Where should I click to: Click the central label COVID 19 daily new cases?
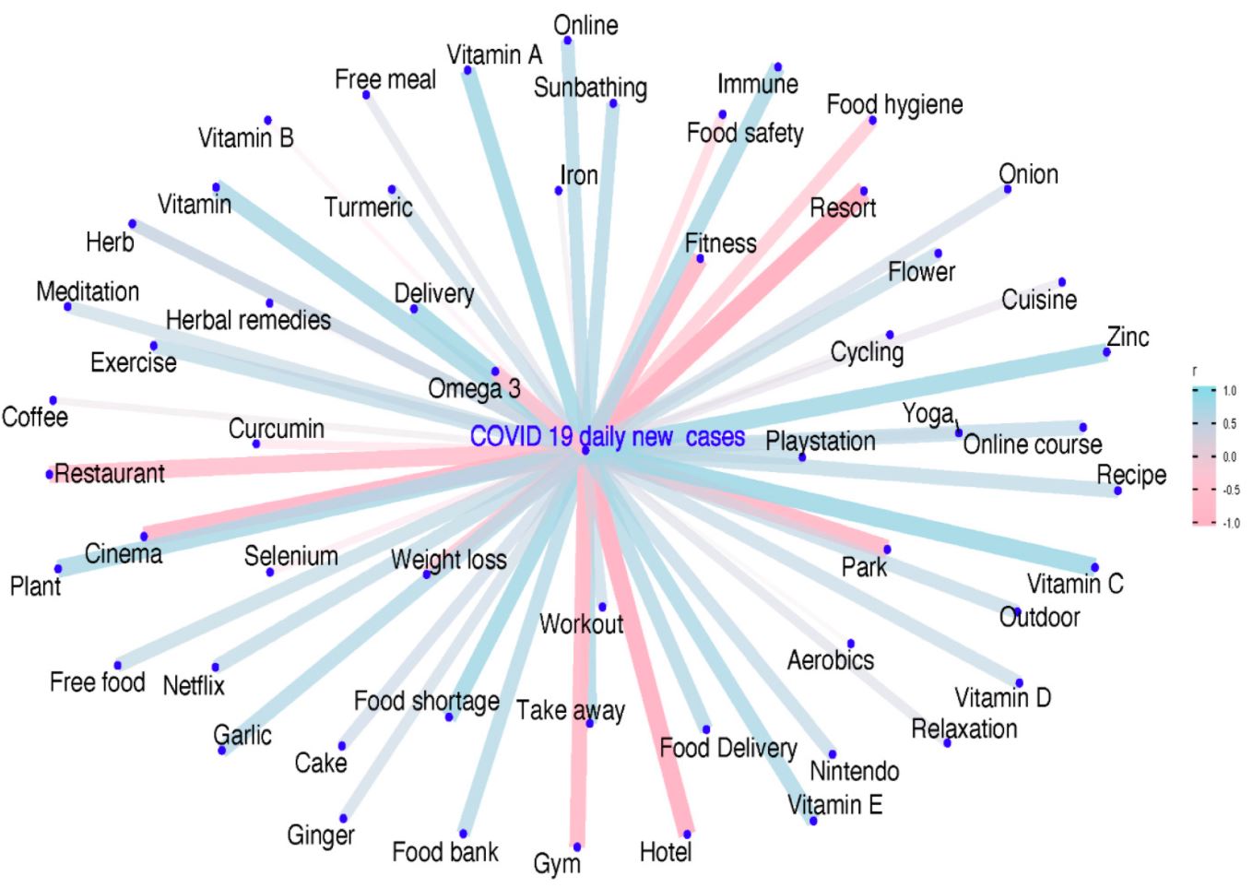(608, 436)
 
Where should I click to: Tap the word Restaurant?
(110, 473)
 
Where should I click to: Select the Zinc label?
(1128, 337)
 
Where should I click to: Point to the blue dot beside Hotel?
(687, 835)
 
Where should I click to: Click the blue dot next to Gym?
(577, 847)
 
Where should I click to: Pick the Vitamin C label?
(1075, 584)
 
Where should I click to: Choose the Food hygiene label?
(895, 104)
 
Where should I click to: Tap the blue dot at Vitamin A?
(467, 70)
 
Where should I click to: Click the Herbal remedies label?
(248, 320)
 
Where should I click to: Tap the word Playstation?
(821, 441)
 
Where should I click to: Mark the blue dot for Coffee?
(53, 400)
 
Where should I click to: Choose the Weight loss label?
(449, 560)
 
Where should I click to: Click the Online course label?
(1033, 444)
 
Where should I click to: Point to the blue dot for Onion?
(1008, 189)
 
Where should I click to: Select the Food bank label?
(445, 852)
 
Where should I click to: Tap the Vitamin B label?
(246, 137)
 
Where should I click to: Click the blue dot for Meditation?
(67, 307)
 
